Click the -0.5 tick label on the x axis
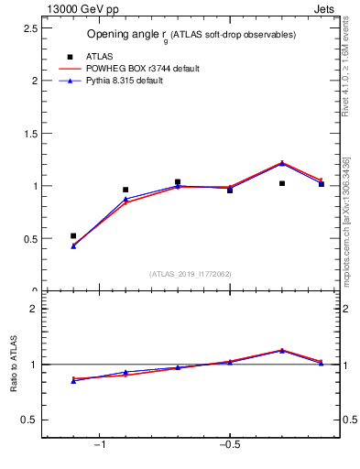[228, 445]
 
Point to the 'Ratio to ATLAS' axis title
[14, 365]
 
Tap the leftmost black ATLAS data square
[73, 235]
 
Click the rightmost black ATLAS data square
[321, 184]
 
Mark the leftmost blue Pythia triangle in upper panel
[73, 245]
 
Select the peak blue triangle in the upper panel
[282, 163]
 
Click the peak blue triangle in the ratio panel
[282, 350]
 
